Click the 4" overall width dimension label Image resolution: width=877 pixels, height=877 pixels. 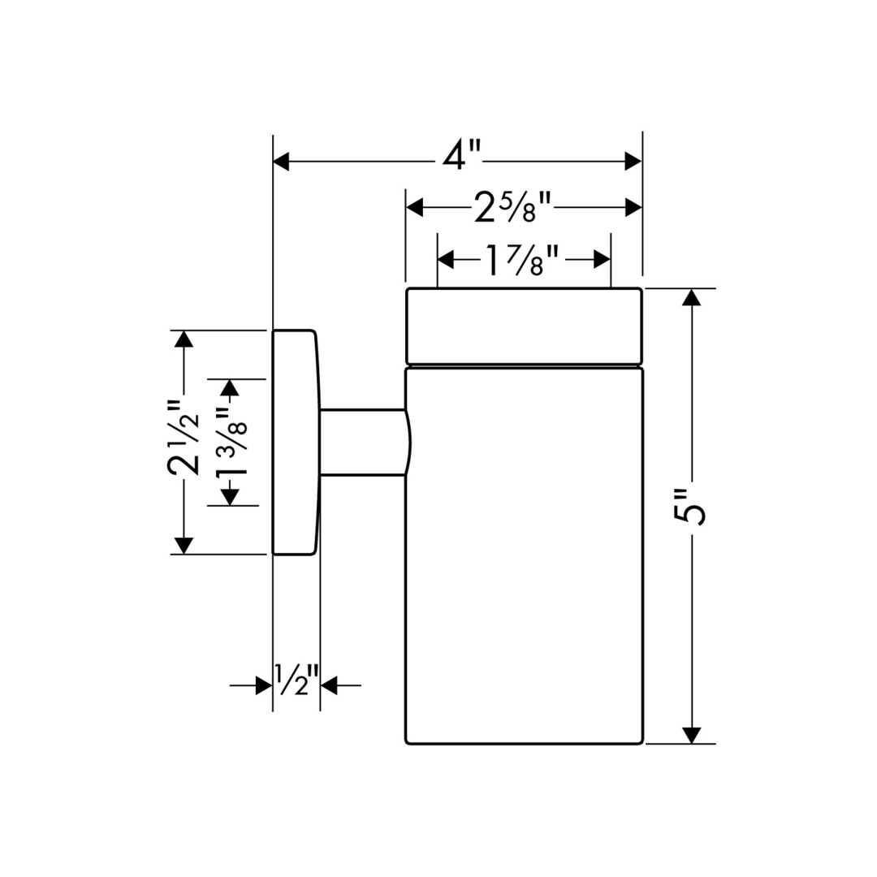pyautogui.click(x=462, y=156)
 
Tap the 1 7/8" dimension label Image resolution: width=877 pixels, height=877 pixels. pyautogui.click(x=522, y=260)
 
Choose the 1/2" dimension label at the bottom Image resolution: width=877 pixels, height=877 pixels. pyautogui.click(x=296, y=680)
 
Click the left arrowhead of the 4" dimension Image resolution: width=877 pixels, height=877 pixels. pyautogui.click(x=282, y=162)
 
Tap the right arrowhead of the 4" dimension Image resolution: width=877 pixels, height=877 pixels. pyautogui.click(x=633, y=162)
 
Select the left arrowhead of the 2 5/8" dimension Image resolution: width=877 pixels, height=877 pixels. pyautogui.click(x=415, y=209)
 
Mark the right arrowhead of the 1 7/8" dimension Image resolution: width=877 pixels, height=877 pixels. pyautogui.click(x=602, y=260)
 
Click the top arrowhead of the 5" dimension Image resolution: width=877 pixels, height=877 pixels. pyautogui.click(x=691, y=297)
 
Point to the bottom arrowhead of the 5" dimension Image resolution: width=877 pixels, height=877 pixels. pyautogui.click(x=691, y=734)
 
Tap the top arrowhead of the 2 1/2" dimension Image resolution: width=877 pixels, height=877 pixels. pyautogui.click(x=184, y=339)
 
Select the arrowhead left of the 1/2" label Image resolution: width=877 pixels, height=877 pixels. pyautogui.click(x=264, y=686)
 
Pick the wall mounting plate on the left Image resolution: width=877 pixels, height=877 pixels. pyautogui.click(x=293, y=443)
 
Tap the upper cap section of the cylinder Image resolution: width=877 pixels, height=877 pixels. pyautogui.click(x=525, y=326)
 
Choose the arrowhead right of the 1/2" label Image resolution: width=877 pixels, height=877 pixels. pyautogui.click(x=329, y=686)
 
